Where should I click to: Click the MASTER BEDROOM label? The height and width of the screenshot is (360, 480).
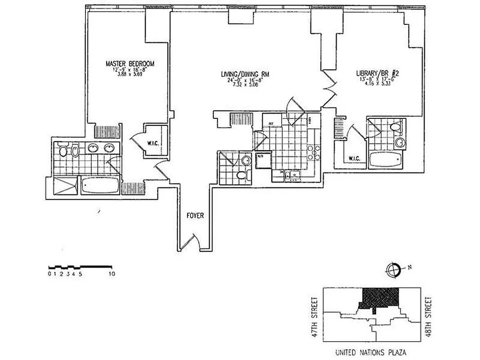pos(130,64)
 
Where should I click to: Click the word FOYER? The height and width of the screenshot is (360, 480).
pos(195,216)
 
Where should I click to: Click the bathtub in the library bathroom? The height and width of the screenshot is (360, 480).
pos(385,160)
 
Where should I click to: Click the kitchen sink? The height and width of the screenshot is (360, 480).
pos(292,175)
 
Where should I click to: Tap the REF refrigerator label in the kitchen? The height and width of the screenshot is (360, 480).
pos(271,123)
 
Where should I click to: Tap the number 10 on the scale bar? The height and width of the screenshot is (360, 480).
pos(111,273)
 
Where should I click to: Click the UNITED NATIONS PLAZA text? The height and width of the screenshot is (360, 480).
pos(371,352)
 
